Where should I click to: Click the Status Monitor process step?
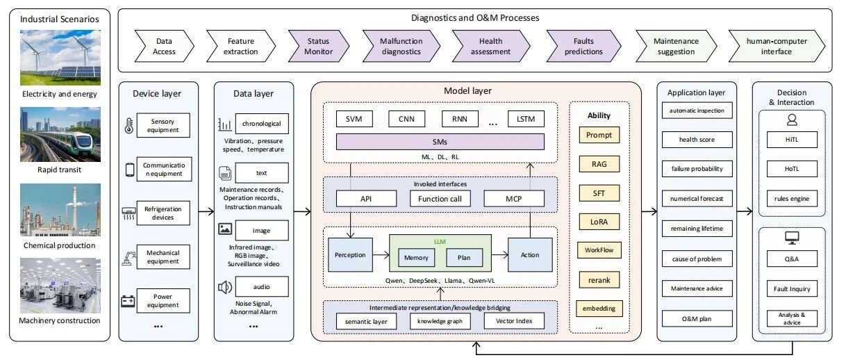coord(318,46)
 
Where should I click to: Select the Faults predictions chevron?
coord(583,46)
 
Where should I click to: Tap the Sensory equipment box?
coord(163,125)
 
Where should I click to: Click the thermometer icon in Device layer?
coord(129,125)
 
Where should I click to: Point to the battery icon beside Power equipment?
coord(128,301)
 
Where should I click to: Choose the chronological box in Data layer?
coord(262,124)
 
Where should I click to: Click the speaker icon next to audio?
coord(225,288)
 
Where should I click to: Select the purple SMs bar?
coord(440,142)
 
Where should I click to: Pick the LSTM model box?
coord(526,119)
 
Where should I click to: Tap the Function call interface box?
coord(440,199)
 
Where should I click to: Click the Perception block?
coord(350,255)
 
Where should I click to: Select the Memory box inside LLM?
coord(416,258)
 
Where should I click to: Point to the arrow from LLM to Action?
coord(499,255)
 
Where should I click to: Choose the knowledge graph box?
coord(440,321)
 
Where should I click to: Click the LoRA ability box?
coord(599,222)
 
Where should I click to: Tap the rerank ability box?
coord(599,280)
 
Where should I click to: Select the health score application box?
coord(697,140)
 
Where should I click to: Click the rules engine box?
coord(792,199)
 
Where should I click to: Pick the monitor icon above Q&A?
coord(792,238)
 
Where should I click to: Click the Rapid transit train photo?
coord(60,135)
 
